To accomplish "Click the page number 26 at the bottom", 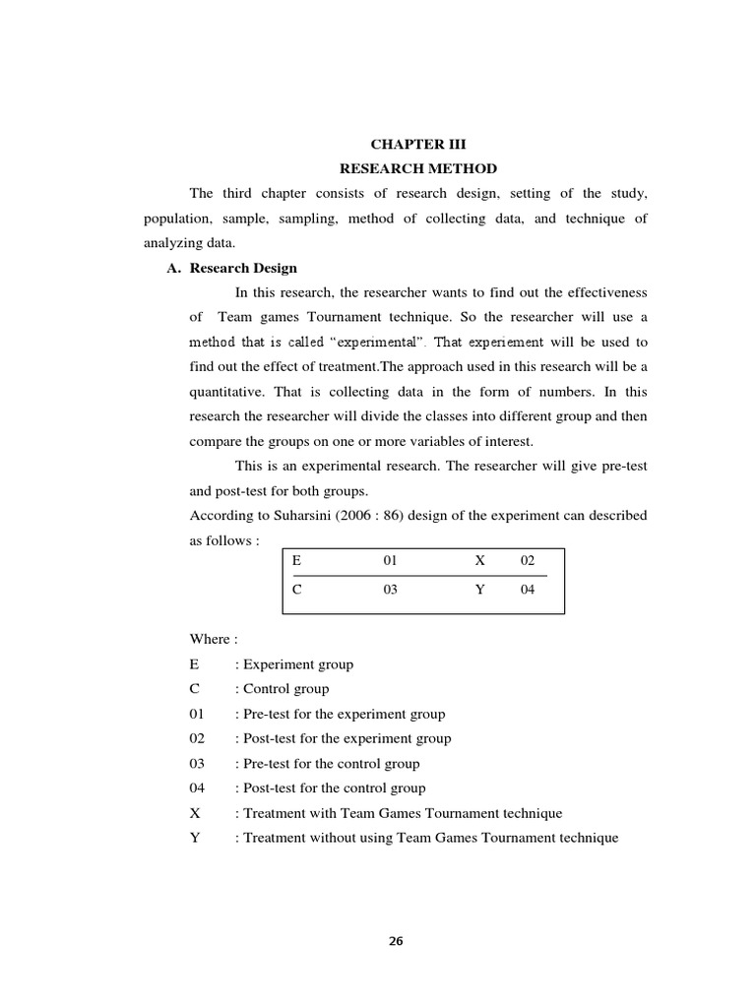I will [x=396, y=941].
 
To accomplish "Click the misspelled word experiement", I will [x=506, y=343].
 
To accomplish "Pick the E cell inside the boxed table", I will [x=295, y=560].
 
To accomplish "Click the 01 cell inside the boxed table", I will [x=390, y=560].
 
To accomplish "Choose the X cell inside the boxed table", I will [x=480, y=560].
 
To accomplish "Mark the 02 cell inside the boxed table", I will [x=528, y=560].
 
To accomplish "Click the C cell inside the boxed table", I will [x=295, y=591].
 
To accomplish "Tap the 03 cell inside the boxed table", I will [x=390, y=591].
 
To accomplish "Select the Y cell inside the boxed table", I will [x=480, y=591].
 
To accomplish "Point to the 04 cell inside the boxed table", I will [x=528, y=591].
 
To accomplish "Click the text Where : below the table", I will [x=214, y=639].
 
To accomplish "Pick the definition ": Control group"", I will [x=282, y=689].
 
